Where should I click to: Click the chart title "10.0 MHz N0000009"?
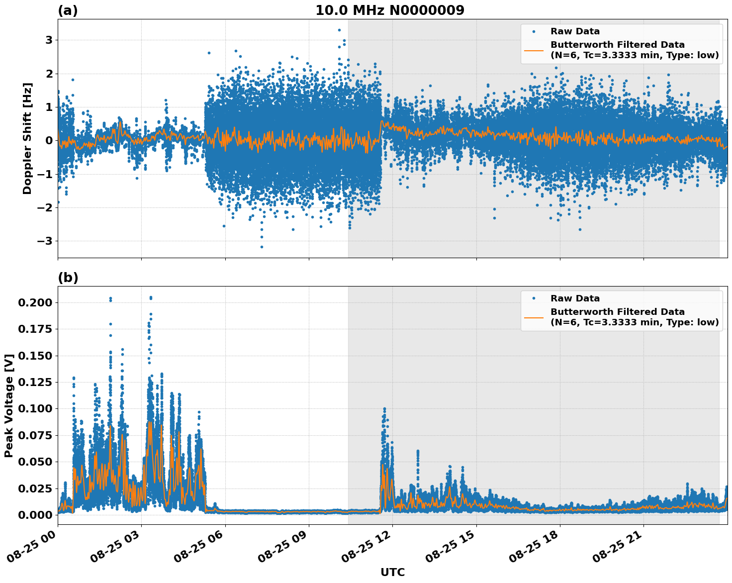click(389, 10)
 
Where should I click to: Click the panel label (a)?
click(68, 10)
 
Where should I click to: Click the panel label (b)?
click(68, 278)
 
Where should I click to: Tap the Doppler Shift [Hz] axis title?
click(27, 138)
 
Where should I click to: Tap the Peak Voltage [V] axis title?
click(8, 405)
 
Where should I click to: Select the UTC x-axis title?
click(392, 572)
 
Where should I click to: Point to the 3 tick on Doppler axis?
click(49, 40)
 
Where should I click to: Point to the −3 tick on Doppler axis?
click(45, 241)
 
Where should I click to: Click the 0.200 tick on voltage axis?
click(34, 302)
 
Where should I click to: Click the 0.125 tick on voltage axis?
click(34, 382)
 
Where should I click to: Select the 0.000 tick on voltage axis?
click(34, 515)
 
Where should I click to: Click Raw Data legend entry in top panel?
click(575, 31)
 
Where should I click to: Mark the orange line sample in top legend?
click(534, 50)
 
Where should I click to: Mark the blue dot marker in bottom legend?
click(534, 298)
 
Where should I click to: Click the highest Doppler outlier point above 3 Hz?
click(339, 30)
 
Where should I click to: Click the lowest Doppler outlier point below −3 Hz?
click(262, 247)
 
